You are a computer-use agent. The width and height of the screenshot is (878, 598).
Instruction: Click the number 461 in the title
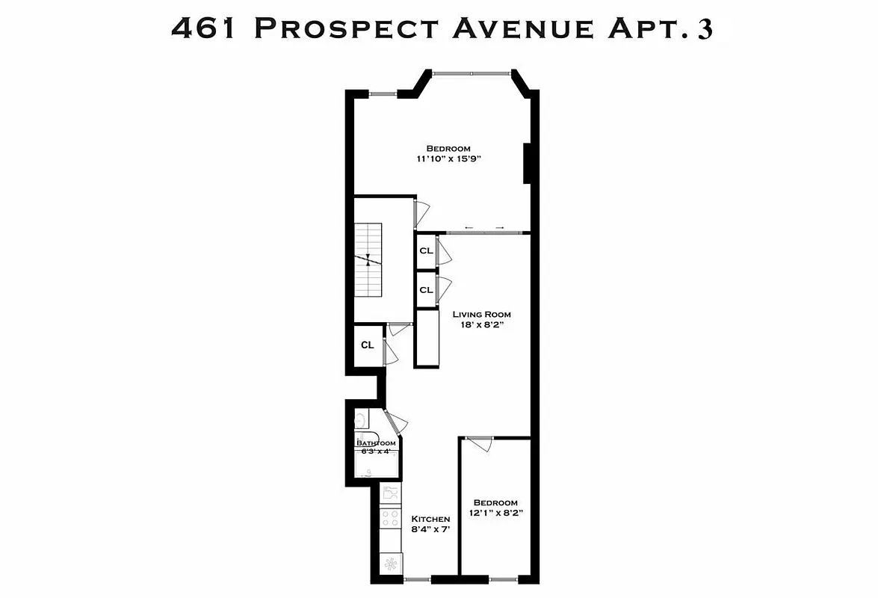[x=206, y=28]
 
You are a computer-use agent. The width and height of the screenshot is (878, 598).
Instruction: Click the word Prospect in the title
[x=346, y=28]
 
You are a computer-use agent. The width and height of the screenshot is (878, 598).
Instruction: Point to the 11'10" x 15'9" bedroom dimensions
[x=448, y=158]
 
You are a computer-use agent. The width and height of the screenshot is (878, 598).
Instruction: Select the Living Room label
[x=482, y=315]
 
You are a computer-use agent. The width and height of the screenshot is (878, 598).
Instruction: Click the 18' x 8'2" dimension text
[x=482, y=325]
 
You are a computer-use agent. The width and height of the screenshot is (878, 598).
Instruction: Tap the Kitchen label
[x=430, y=519]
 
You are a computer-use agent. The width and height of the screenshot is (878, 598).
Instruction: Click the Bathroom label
[x=376, y=443]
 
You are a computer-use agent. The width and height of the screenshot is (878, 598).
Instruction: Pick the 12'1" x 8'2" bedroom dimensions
[x=495, y=514]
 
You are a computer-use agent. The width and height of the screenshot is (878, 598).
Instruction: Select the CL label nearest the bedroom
[x=426, y=251]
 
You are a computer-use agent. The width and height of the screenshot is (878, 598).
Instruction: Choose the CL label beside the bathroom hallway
[x=367, y=345]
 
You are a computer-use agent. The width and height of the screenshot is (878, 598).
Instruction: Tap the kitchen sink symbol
[x=390, y=493]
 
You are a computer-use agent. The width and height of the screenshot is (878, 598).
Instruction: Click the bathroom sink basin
[x=359, y=419]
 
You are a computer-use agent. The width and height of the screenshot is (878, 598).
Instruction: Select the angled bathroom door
[x=394, y=422]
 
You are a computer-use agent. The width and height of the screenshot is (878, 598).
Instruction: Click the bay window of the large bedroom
[x=472, y=73]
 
